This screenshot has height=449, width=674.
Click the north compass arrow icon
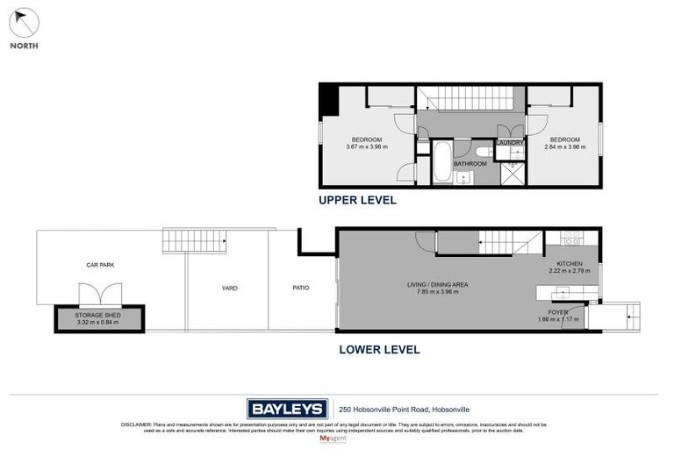click(24, 22)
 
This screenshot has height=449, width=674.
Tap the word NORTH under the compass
click(24, 46)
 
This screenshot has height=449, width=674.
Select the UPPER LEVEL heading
click(357, 200)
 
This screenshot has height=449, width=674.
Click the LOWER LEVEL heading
click(379, 349)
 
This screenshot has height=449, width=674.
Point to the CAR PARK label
click(100, 264)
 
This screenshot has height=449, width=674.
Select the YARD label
click(229, 288)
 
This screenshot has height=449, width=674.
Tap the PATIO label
click(300, 288)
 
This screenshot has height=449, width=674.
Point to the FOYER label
click(558, 312)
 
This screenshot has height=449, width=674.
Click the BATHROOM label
click(470, 164)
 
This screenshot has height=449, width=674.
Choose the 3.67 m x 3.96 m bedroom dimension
click(367, 147)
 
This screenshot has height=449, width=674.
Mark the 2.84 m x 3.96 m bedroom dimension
click(565, 147)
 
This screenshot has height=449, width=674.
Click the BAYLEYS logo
click(287, 409)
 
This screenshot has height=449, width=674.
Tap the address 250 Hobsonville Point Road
click(387, 409)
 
